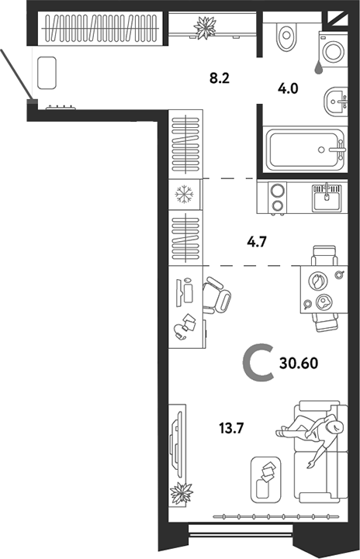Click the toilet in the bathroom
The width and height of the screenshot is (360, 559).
pos(286,34)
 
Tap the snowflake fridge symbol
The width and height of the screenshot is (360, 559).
pos(185,194)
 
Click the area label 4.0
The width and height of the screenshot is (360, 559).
pos(289,88)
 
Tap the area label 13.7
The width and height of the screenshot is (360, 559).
pos(234,425)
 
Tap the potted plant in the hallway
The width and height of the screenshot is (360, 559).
pos(206,29)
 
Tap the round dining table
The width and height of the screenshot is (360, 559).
pos(320,291)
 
